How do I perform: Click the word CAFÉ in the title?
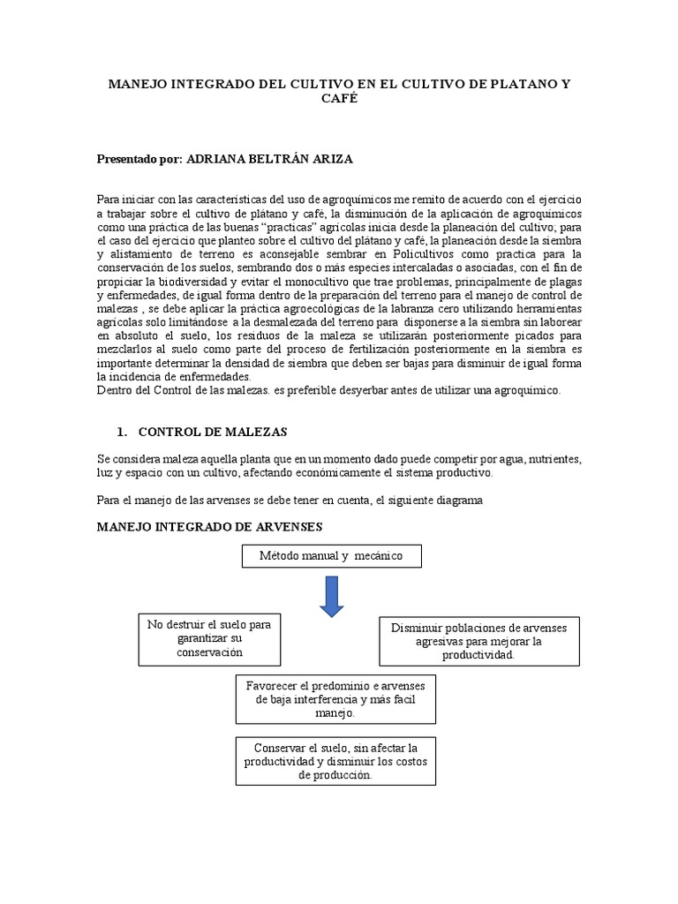(x=338, y=101)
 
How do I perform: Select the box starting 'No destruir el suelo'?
(x=209, y=639)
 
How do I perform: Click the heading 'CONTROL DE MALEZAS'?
(x=213, y=433)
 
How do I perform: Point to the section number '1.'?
(x=123, y=433)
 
